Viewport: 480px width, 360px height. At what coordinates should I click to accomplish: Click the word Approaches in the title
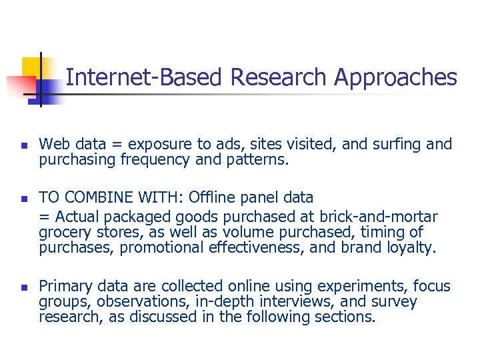[395, 78]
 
